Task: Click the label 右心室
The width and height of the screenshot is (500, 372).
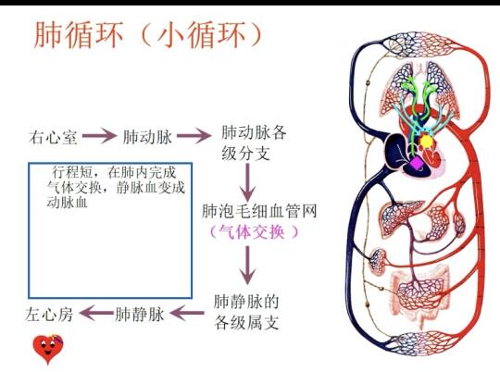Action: coord(53,137)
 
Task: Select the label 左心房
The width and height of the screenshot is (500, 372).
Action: coord(49,314)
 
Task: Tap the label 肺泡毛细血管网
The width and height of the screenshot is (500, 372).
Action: coord(259,211)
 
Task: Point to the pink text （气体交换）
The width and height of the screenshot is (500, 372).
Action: coord(254,231)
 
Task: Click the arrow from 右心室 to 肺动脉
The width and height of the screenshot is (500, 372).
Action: coord(99,136)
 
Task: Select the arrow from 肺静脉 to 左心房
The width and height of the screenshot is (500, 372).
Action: coord(96,313)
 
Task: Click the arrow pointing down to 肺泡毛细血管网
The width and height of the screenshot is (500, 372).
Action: coord(247,182)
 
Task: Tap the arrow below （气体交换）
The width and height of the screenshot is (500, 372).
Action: coord(247,266)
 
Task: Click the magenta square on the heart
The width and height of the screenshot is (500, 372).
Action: coord(417,163)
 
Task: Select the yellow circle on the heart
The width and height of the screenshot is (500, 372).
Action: coord(426,142)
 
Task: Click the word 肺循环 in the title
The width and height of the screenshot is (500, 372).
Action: coord(79,35)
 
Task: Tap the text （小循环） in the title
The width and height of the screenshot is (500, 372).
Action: coord(200,35)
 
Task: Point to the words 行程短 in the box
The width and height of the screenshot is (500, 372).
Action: coord(72,172)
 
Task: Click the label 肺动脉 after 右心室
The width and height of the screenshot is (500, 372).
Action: coord(147,137)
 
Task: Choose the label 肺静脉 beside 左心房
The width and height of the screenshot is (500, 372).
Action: coord(139,314)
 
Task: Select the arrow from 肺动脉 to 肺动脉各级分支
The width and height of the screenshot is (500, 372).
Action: coord(194,136)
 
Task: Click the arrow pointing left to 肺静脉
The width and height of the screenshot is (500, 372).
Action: coord(187,313)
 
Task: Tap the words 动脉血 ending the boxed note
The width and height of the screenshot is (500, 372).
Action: coord(67,202)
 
